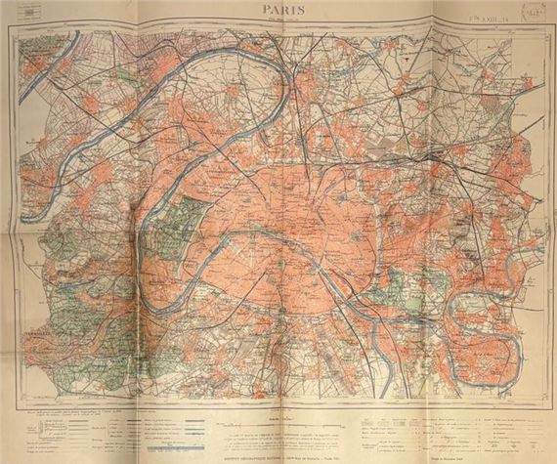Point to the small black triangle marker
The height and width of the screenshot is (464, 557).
pos(404,60)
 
